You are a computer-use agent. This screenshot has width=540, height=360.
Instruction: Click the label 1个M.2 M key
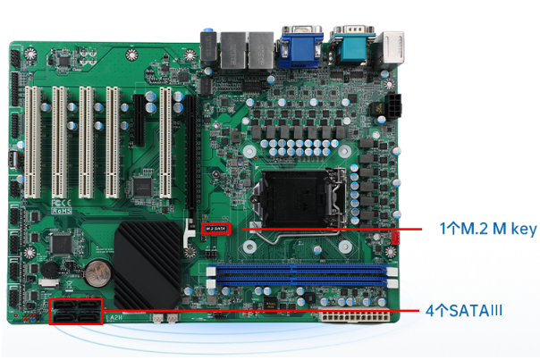tap(487, 229)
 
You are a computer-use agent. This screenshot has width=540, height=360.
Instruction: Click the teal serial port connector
tap(351, 39)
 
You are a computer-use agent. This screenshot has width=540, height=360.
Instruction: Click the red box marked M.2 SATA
tap(217, 228)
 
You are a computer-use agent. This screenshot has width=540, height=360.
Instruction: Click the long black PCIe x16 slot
tap(190, 170)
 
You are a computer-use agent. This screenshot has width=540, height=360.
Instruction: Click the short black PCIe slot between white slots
tap(139, 121)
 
